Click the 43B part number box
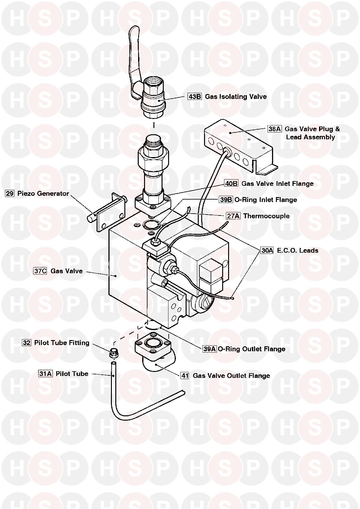194,96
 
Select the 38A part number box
275,129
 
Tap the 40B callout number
231,183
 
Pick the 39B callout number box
226,200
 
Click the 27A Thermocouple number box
233,216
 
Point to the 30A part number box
267,250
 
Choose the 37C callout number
40,271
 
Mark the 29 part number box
10,193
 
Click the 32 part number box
27,343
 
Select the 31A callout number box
45,373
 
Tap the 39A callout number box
209,349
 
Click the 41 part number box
185,375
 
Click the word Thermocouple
266,216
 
